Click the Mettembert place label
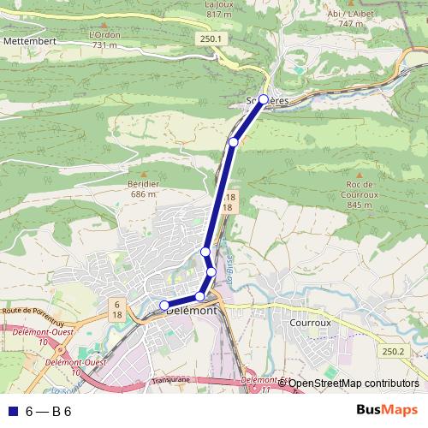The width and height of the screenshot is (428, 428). coord(29,40)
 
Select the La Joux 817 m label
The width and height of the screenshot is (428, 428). coord(219,9)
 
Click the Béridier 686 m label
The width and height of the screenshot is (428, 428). coord(145,189)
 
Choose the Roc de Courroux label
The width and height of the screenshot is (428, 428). coord(360,194)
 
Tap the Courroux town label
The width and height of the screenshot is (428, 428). coord(310,324)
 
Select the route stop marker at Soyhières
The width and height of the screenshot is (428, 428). coord(264,99)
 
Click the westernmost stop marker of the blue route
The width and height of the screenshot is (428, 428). coord(164,306)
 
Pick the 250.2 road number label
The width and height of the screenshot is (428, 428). coord(393,351)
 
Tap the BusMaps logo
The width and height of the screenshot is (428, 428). coord(387,411)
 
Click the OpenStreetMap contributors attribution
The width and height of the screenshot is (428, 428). coord(353,383)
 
